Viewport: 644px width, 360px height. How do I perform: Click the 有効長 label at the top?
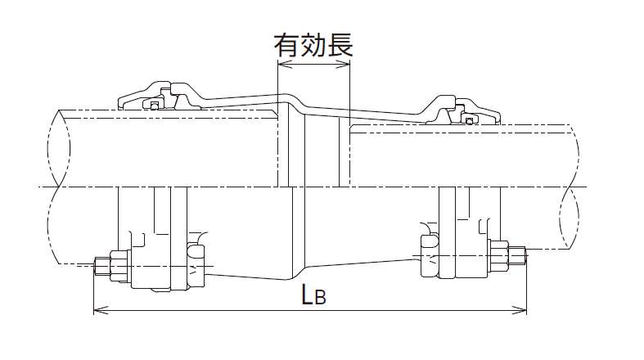(x=313, y=45)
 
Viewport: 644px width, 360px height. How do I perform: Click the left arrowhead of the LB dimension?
(x=98, y=310)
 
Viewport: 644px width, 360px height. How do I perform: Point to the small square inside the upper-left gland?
(x=155, y=106)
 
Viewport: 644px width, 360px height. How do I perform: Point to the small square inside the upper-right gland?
(x=469, y=121)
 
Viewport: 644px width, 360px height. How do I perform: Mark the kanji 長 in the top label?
(x=340, y=45)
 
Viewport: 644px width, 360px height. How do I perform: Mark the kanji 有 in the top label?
(x=286, y=45)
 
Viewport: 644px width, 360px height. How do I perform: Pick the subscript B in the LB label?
(x=321, y=298)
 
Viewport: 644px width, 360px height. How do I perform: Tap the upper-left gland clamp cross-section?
(x=164, y=97)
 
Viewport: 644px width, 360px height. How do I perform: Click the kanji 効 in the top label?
(x=313, y=45)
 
